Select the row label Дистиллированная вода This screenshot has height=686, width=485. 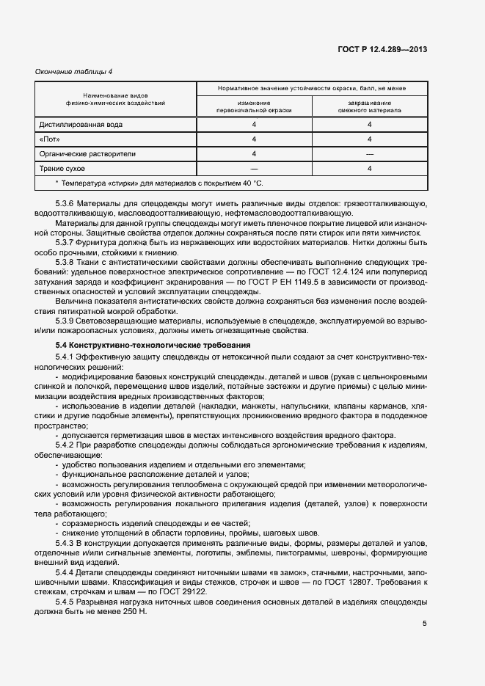point(81,124)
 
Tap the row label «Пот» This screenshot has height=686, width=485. point(50,139)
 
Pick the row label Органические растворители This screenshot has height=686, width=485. point(87,153)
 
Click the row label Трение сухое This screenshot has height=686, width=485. point(64,168)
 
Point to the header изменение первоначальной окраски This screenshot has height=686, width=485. point(254,106)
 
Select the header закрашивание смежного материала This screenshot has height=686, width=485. point(370,106)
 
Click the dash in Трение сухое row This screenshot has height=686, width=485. point(254,168)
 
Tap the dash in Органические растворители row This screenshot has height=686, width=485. point(370,153)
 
